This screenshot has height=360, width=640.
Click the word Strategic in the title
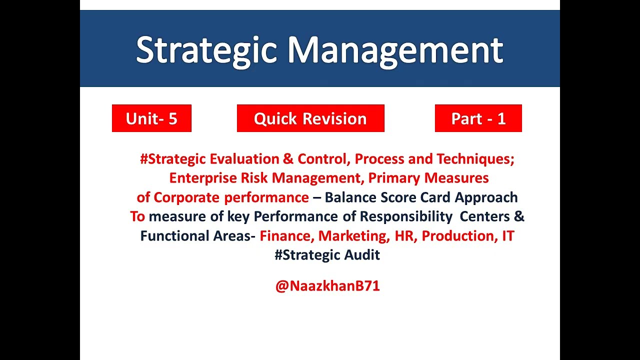coord(206,50)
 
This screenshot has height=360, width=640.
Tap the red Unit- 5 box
coord(151,118)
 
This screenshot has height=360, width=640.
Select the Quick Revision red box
coord(310,118)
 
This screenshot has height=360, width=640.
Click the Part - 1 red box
coord(478,118)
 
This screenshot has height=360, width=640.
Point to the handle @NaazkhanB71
coord(327,286)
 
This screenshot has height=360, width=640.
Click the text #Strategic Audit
coord(327,255)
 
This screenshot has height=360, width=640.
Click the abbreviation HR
coord(404,236)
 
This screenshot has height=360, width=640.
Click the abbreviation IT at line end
coord(508,236)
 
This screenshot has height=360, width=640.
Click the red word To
coord(137,216)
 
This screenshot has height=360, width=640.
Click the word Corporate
coord(187,197)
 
